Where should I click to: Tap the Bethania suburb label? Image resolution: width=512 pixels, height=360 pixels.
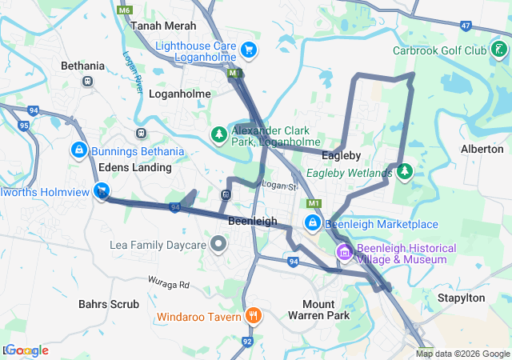tap(82, 66)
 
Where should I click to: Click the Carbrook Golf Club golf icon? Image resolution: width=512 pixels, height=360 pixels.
tap(499, 50)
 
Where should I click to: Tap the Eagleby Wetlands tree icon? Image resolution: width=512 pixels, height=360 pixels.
tap(405, 171)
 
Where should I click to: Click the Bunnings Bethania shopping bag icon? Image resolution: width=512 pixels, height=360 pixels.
tap(79, 150)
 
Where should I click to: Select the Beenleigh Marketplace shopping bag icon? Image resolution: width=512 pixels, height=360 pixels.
tap(313, 223)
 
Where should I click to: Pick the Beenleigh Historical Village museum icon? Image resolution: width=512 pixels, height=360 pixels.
tap(345, 253)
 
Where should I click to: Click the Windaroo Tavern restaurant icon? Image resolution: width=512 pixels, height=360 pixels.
tap(253, 316)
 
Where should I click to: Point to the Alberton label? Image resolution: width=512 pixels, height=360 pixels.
tap(482, 149)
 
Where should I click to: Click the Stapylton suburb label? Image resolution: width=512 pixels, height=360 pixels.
tap(461, 298)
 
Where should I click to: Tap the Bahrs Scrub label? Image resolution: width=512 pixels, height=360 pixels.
tap(109, 304)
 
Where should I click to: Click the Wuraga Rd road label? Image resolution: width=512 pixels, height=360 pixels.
tap(168, 283)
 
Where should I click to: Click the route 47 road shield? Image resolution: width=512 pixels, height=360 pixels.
tap(466, 26)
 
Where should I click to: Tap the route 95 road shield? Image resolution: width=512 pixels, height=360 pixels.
tap(23, 126)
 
